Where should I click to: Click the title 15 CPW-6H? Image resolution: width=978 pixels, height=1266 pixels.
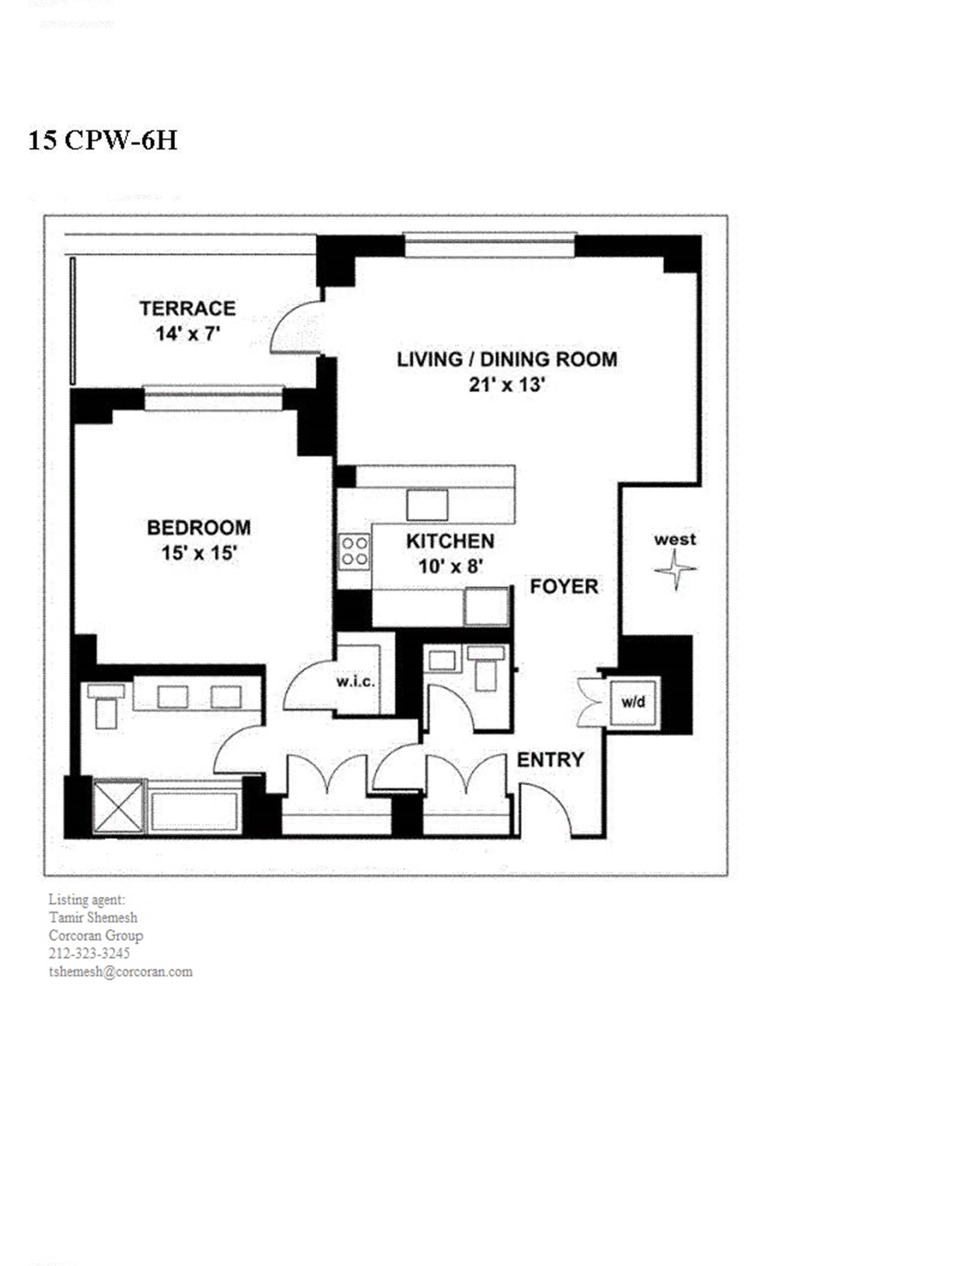click(102, 140)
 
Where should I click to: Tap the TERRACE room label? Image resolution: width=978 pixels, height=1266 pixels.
click(187, 308)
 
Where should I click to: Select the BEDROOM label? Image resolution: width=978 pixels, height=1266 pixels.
click(199, 527)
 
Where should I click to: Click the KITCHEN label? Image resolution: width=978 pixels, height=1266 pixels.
click(450, 541)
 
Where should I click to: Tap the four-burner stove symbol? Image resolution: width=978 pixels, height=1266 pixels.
click(354, 551)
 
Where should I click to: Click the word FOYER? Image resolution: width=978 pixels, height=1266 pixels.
click(563, 586)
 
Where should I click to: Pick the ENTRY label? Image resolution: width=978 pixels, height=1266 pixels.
click(550, 760)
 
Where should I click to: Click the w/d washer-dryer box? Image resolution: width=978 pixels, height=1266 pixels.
click(633, 702)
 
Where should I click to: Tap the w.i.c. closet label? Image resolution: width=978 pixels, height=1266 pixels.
click(356, 682)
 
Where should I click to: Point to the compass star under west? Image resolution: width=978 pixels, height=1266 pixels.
click(675, 570)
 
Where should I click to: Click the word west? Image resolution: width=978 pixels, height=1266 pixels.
click(675, 539)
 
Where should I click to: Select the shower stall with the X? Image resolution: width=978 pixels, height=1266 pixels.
click(118, 807)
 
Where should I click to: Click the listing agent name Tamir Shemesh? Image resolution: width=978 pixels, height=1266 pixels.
click(93, 917)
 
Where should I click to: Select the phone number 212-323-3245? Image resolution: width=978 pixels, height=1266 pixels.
click(89, 953)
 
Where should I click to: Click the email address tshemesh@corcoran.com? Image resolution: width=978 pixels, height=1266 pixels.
click(121, 972)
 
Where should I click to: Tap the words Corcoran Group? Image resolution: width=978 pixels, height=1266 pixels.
click(96, 935)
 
